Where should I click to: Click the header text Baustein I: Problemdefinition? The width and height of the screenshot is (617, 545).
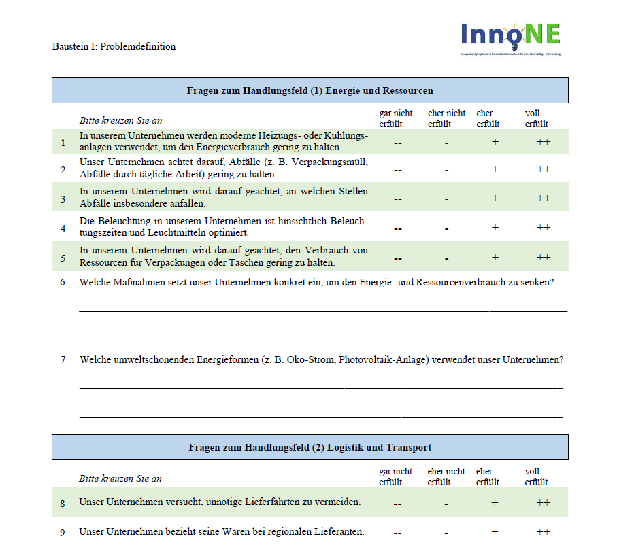(114, 47)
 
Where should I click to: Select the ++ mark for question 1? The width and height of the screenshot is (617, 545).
(543, 141)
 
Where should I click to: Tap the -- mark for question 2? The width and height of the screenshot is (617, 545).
(398, 170)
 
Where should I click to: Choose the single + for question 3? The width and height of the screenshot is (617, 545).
(495, 198)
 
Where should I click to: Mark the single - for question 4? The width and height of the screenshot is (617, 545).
(447, 228)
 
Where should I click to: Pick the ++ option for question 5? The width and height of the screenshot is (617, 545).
(543, 258)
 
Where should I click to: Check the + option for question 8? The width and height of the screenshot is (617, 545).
(495, 503)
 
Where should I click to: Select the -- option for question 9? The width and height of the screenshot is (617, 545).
(398, 532)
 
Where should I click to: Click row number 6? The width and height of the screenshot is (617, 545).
(63, 282)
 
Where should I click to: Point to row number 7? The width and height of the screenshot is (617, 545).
(63, 359)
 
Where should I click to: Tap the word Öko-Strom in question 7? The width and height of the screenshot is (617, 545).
(310, 359)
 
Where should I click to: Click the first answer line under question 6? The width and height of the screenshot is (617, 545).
(322, 311)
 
